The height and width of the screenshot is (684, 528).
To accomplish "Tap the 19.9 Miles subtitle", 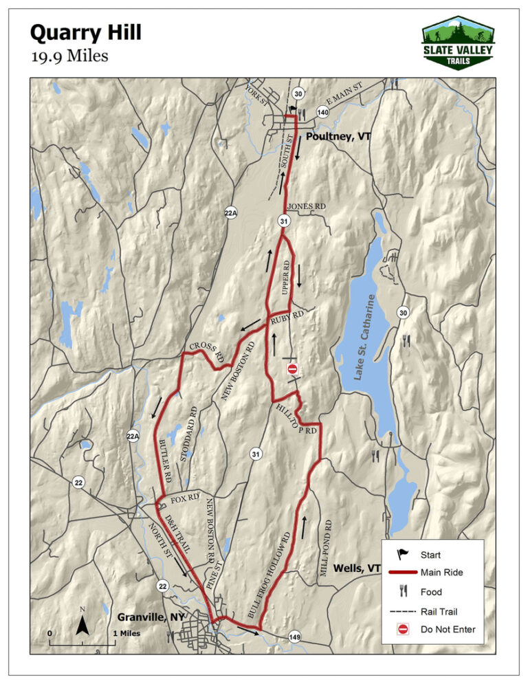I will coord(69,56).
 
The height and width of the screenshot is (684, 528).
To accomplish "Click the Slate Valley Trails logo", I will coord(458,42).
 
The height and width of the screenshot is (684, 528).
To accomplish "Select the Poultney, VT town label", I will coord(338,137).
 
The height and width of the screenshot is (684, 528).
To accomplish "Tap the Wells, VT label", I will coord(357,569).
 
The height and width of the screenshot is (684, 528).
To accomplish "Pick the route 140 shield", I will coord(322,112).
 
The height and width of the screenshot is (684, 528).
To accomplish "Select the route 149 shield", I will coord(294,635).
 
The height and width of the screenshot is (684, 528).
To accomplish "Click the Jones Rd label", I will coord(305,206).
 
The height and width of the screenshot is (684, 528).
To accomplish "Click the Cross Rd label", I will coord(207,353).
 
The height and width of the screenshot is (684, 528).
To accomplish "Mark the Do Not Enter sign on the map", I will coord(292,370).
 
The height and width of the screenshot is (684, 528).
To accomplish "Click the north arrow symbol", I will coord(82,624).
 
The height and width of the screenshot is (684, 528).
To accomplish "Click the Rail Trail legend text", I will coord(439,610).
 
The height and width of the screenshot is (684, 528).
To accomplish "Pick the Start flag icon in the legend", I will coord(403,554).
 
